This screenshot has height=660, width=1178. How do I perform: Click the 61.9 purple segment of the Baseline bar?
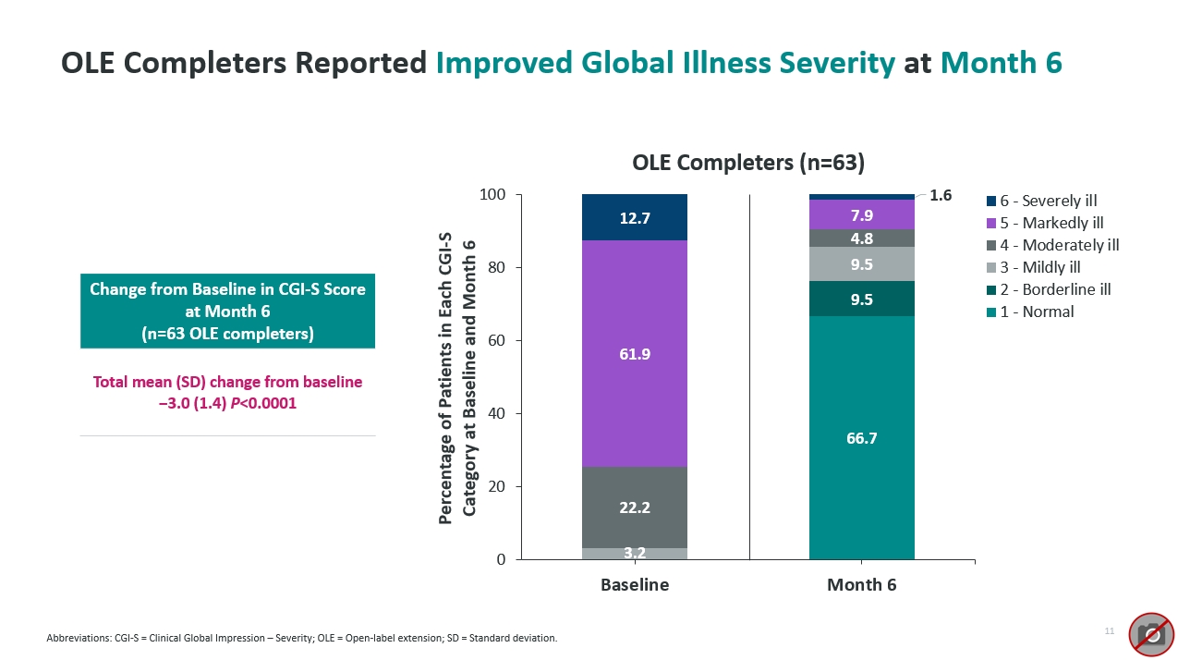coord(634,353)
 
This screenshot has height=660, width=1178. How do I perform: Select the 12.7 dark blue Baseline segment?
coord(634,218)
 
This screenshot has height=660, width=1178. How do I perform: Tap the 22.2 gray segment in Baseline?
coord(634,507)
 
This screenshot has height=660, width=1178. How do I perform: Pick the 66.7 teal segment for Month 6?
coord(861,438)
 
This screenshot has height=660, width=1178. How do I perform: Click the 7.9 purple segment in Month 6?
coord(861,214)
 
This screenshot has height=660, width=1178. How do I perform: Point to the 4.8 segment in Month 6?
coord(861,238)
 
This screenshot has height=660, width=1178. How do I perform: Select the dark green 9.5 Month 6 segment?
coord(861,299)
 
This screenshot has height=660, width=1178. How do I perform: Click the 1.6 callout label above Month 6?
coord(940,195)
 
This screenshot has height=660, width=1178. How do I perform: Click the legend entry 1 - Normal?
coord(1035,312)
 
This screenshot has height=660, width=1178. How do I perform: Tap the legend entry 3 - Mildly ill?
coord(1039,267)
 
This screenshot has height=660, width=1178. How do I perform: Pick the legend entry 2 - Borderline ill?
coord(1054,289)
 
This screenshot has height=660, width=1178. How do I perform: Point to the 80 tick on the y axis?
coord(496,268)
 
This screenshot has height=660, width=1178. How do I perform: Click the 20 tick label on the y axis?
coord(496,487)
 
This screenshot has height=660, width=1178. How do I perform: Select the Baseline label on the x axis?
coord(634,585)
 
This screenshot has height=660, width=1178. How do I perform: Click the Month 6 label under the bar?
coord(861,585)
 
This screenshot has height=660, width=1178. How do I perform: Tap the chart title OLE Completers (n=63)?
coord(747,163)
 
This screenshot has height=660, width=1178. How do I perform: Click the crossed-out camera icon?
coord(1150,634)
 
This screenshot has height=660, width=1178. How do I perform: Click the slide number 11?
coord(1109,630)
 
